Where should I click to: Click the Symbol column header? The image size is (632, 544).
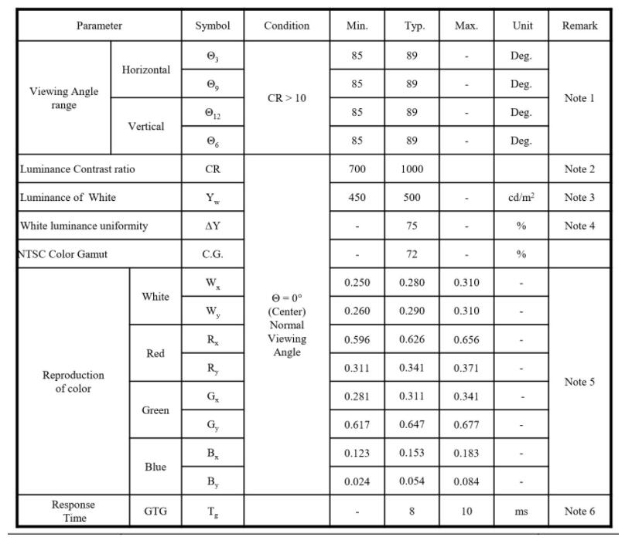[x=213, y=25]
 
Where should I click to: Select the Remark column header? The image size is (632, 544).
[x=579, y=25]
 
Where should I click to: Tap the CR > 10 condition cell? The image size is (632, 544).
[x=286, y=98]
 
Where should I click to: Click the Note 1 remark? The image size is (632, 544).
[x=579, y=98]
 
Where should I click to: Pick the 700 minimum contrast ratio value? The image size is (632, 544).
[x=357, y=169]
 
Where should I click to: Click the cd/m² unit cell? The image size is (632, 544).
[x=521, y=197]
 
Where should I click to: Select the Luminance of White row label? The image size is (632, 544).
[x=69, y=197]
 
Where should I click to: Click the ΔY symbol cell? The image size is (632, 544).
[x=213, y=226]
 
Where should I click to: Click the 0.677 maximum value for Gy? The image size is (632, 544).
[x=466, y=424]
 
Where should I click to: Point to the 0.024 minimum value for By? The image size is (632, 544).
[x=357, y=481]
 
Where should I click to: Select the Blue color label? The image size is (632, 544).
[x=155, y=467]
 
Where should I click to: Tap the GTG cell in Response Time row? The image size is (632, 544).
[x=155, y=511]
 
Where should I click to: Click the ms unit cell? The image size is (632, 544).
[x=521, y=511]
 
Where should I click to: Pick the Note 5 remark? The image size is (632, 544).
[x=579, y=382]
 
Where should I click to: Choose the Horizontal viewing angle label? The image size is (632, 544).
[x=146, y=70]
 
